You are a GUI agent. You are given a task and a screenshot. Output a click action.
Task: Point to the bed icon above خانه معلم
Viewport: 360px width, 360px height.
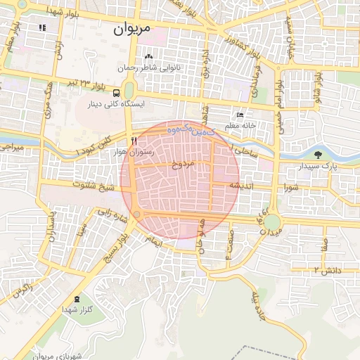[x=240, y=115]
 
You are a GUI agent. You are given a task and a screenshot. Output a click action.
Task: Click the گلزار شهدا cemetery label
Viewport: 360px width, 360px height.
[x=73, y=309]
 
